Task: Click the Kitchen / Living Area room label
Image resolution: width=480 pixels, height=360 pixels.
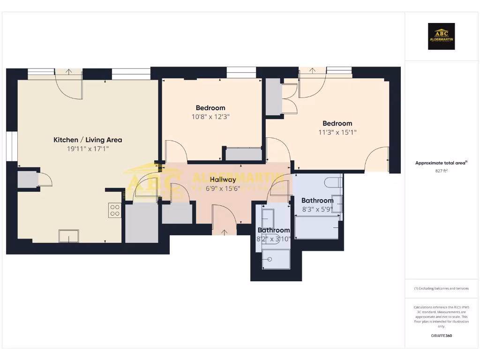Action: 88,140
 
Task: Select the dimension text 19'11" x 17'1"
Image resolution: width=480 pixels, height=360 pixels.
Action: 88,149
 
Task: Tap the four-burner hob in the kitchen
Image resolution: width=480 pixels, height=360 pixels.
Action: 115,210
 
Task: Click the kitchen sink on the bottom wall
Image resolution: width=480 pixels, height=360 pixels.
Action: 68,236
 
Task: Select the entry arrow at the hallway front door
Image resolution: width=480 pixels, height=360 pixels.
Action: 224,231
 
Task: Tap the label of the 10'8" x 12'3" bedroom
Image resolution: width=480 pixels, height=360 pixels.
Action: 210,108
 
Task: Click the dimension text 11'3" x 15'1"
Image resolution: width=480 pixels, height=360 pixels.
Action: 337,133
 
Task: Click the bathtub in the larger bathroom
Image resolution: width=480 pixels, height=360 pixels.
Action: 317,227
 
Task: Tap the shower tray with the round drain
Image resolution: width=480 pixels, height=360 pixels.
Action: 276,259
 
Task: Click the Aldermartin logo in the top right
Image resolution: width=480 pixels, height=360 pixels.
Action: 441,37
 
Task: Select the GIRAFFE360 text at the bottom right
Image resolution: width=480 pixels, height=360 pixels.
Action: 441,336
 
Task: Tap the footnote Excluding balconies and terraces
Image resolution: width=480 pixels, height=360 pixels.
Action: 441,288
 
